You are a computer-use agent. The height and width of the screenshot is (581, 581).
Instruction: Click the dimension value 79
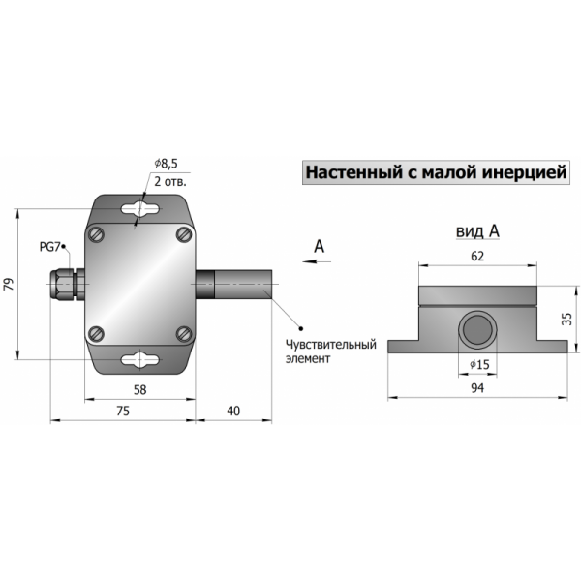(x=8, y=284)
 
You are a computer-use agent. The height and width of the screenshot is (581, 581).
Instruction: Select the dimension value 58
(x=139, y=390)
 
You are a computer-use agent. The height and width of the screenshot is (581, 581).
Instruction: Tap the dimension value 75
(x=123, y=411)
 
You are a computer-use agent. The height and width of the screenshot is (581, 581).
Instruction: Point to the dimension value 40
(x=233, y=411)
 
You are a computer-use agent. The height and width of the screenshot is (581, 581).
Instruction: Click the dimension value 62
(x=477, y=256)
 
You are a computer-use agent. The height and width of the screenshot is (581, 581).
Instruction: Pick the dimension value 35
(x=566, y=319)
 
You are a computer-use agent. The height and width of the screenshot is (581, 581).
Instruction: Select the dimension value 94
(x=477, y=388)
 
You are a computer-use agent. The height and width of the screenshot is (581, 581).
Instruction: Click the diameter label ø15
(x=480, y=365)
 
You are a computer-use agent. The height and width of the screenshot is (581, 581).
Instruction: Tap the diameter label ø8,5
(x=166, y=164)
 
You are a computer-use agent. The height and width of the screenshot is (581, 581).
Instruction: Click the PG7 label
(x=49, y=247)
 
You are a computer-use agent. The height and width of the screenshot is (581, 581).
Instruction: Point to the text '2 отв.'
(x=170, y=182)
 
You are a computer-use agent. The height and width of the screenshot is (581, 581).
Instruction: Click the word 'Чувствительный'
(x=330, y=345)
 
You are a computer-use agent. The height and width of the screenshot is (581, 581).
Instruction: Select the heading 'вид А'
(x=477, y=231)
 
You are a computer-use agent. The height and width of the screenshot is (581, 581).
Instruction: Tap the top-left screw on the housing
(x=96, y=234)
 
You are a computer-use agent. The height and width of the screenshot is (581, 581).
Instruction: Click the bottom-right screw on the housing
(x=184, y=333)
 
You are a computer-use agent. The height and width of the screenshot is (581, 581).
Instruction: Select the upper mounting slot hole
(x=140, y=209)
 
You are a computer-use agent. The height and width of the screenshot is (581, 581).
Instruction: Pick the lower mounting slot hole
(x=140, y=359)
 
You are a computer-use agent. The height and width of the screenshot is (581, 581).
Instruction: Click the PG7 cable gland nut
(x=62, y=284)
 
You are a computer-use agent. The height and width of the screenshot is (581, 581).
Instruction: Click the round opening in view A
(x=477, y=329)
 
